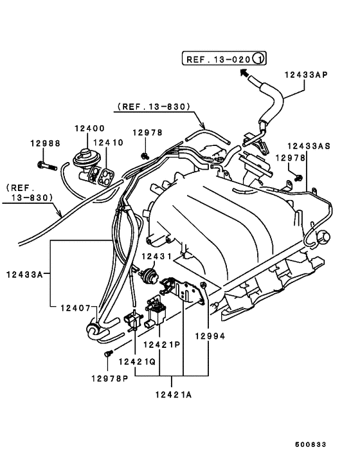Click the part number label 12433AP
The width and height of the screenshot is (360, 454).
(x=306, y=75)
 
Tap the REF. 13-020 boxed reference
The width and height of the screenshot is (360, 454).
(x=224, y=59)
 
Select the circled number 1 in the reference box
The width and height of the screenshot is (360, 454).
(x=258, y=59)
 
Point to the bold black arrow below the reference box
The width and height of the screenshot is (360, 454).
(x=244, y=73)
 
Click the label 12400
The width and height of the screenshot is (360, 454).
(x=90, y=128)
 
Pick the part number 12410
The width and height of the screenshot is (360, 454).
(x=109, y=143)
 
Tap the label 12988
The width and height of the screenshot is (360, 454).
(x=46, y=143)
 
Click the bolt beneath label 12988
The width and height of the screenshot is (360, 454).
(x=47, y=166)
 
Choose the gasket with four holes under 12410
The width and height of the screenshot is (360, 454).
(x=105, y=177)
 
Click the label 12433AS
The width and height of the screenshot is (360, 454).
(x=309, y=146)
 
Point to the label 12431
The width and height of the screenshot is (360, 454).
(x=157, y=256)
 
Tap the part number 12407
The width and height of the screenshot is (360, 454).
(x=75, y=308)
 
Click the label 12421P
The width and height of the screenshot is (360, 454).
(x=162, y=345)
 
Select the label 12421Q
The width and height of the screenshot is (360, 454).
(x=137, y=361)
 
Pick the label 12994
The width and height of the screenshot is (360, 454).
(x=210, y=336)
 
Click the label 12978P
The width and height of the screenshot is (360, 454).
(x=110, y=378)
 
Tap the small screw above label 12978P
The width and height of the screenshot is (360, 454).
(x=108, y=354)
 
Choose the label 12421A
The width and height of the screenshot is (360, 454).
(x=174, y=395)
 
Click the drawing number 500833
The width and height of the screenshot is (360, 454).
(x=310, y=444)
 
